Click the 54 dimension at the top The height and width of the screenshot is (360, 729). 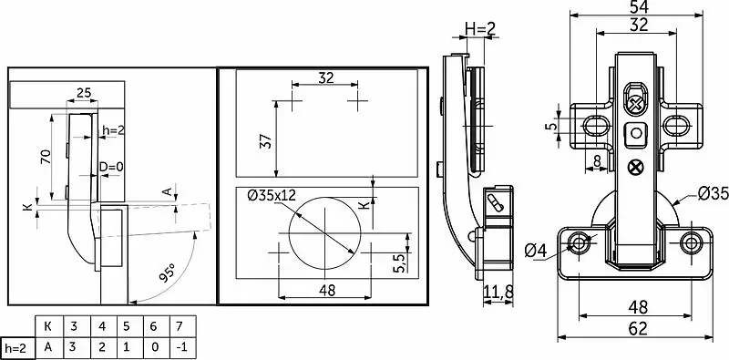tap(640, 6)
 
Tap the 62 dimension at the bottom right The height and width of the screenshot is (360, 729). tap(638, 328)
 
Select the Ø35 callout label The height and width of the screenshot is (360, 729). tap(713, 193)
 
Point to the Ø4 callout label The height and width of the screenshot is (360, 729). tap(536, 251)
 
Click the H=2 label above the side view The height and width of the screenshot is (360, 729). tap(481, 29)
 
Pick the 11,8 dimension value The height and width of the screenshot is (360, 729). tap(498, 292)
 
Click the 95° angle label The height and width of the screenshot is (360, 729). tap(168, 273)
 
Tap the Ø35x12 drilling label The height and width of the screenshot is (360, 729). tap(272, 195)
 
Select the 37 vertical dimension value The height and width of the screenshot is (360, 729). tap(265, 140)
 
